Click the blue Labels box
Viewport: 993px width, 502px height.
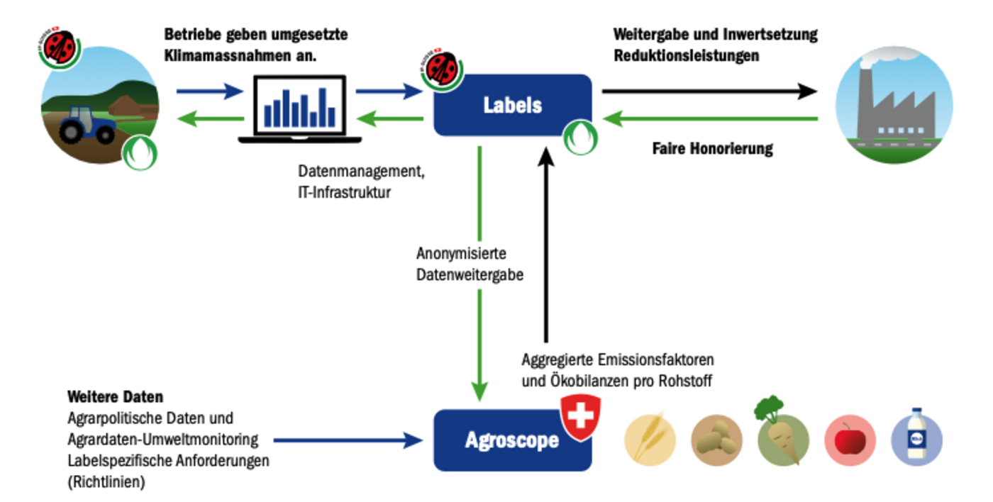512,105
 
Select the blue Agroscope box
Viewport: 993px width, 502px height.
512,440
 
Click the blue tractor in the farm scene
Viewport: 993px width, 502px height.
87,125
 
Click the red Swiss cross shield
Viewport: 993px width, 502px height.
580,416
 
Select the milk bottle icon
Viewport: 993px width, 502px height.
916,435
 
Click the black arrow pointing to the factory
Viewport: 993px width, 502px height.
709,91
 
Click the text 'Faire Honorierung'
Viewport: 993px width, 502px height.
712,150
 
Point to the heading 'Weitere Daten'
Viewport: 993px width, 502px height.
115,397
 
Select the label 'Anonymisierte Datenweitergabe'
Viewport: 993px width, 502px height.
470,264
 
